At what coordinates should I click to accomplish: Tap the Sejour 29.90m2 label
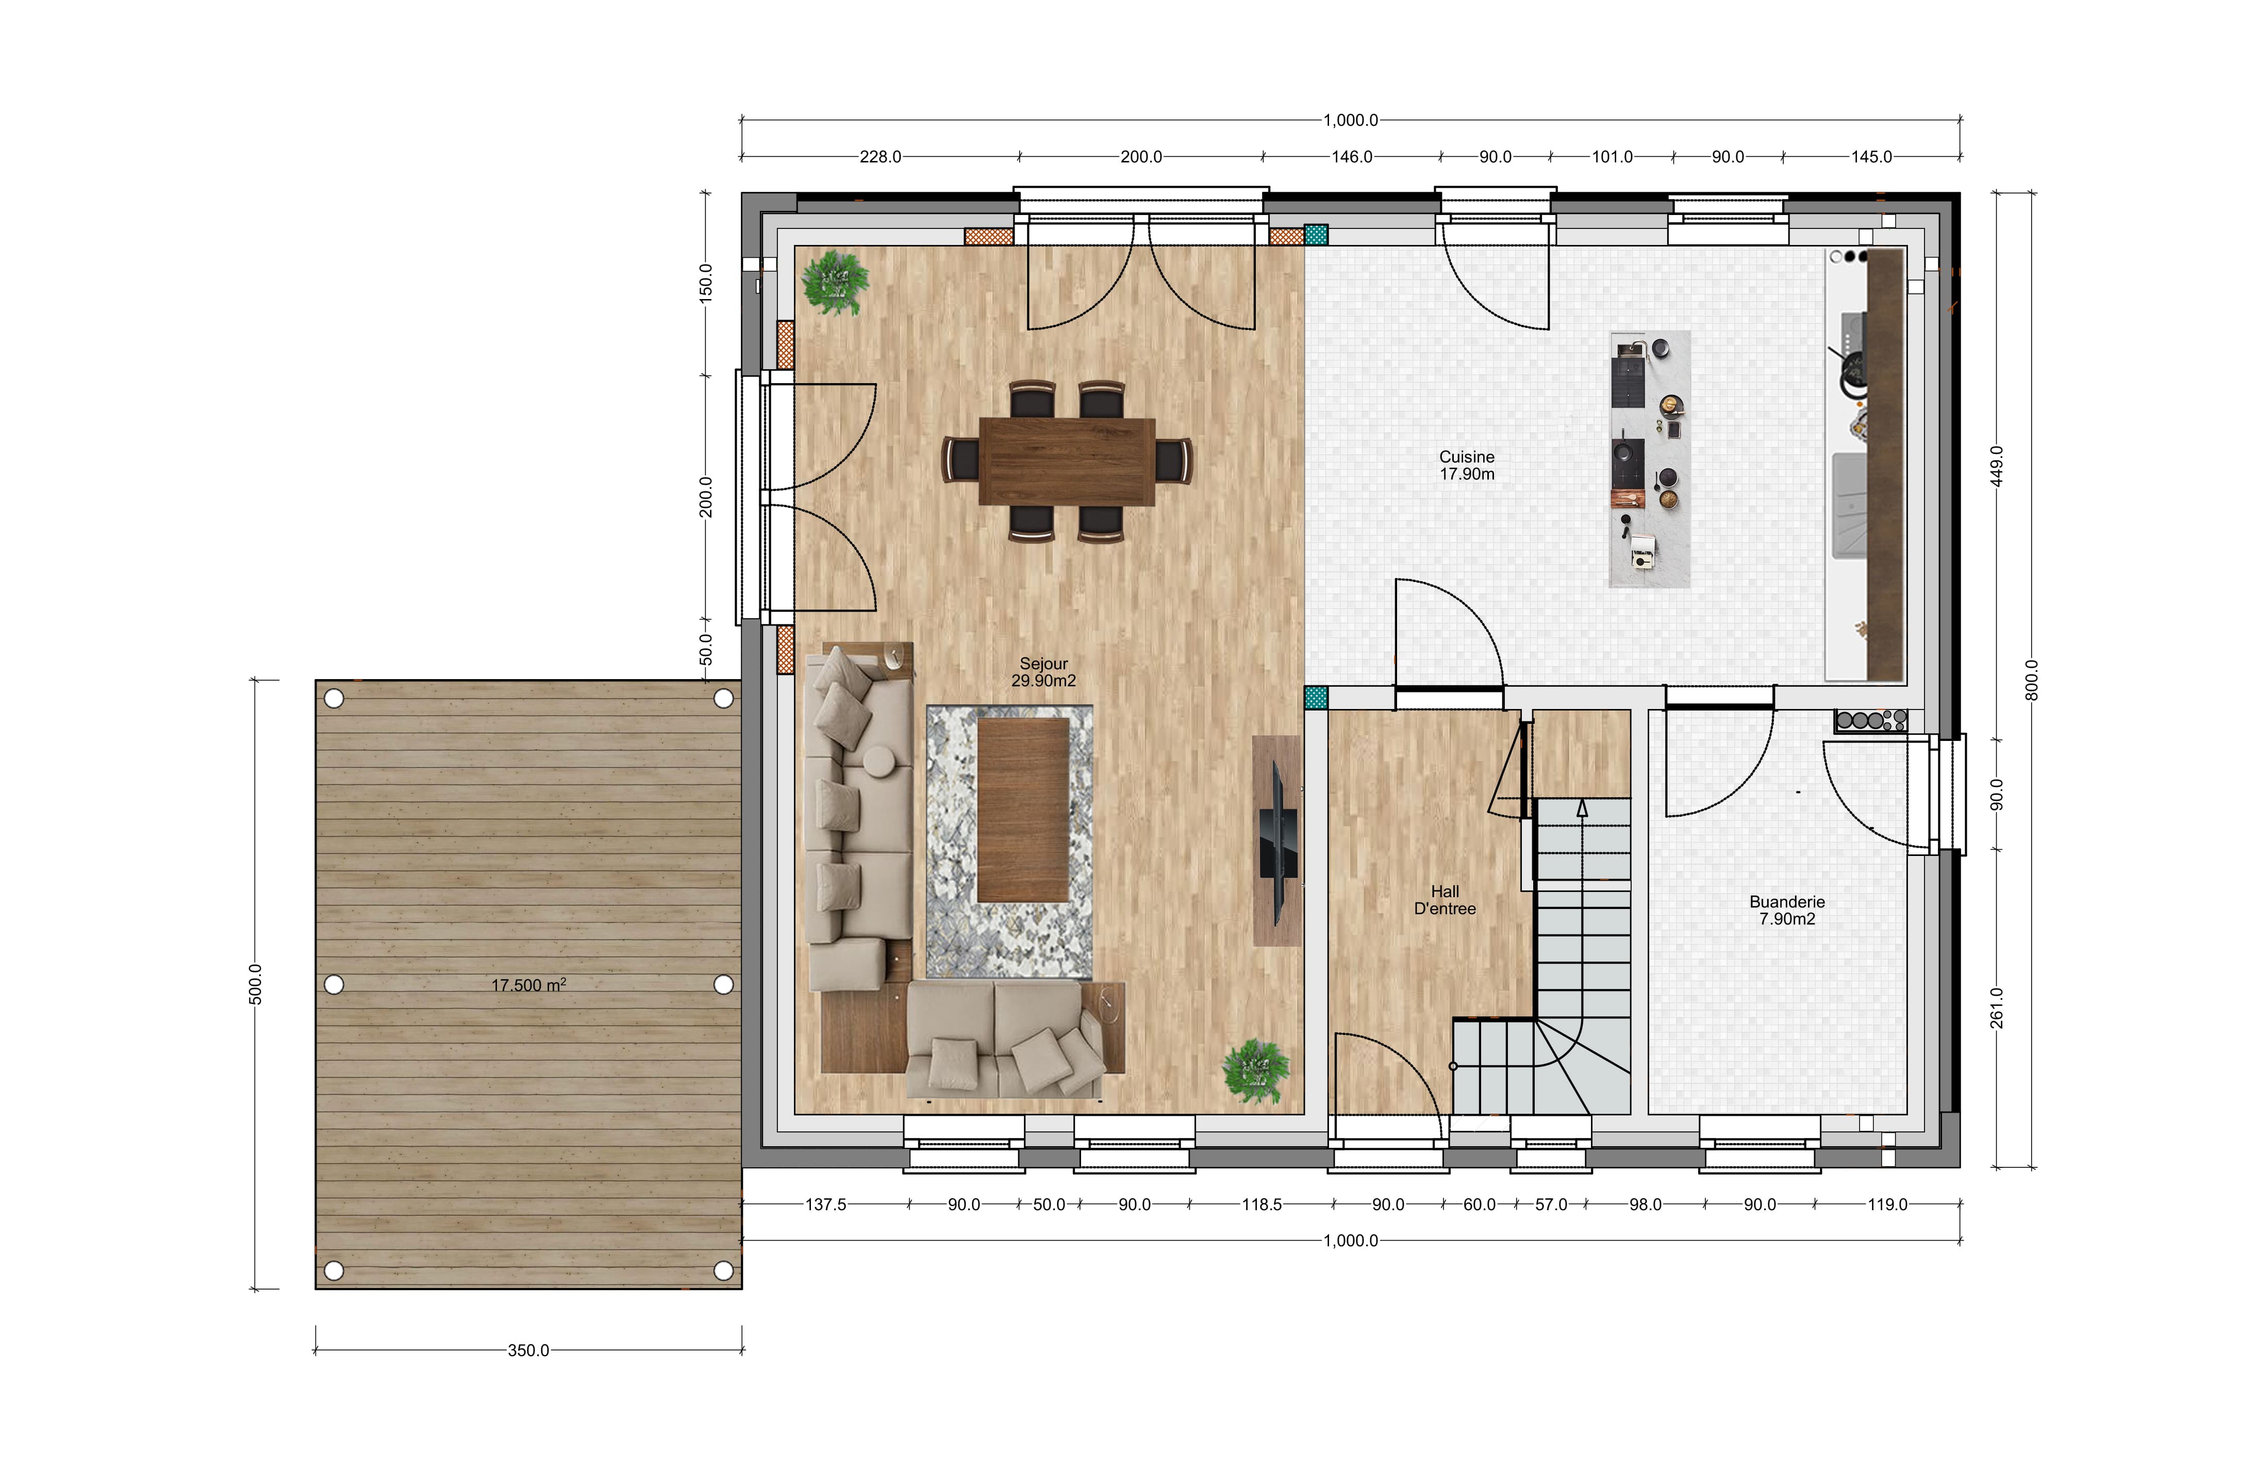pos(1043,672)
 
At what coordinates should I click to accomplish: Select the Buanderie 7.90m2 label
pos(1787,911)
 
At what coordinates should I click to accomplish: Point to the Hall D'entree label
pos(1445,900)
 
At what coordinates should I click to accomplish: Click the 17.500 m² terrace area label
pos(528,985)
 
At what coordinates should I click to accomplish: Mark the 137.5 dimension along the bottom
pos(826,1205)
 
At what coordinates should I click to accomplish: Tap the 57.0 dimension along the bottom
pos(1551,1205)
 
